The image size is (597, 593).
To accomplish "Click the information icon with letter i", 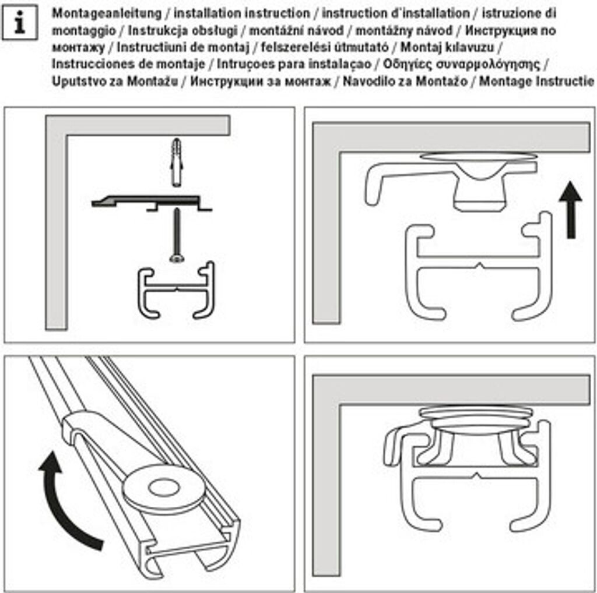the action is click(x=20, y=24).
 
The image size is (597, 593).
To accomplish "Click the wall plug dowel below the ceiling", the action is click(x=175, y=161).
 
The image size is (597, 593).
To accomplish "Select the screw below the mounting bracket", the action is click(x=175, y=236).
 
